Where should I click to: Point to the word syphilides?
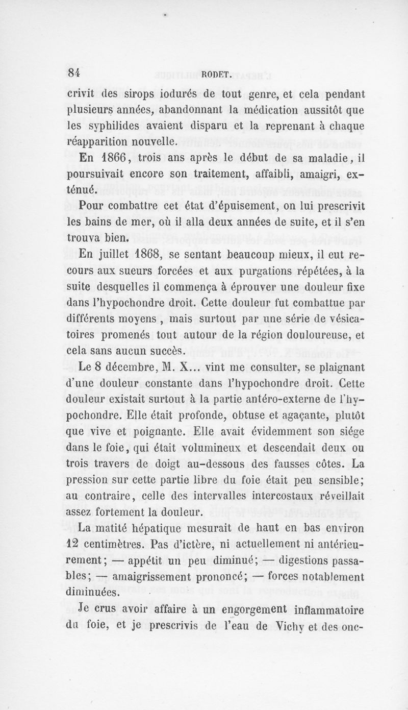[115, 126]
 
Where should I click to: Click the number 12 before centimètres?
[76, 547]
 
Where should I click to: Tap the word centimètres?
[120, 547]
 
